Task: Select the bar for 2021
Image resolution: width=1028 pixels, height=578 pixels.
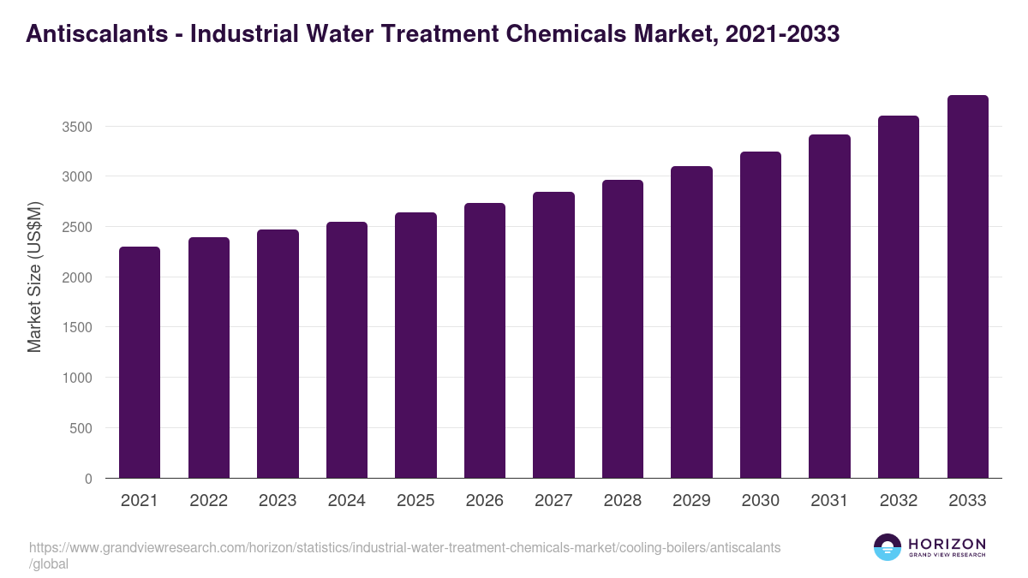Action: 140,362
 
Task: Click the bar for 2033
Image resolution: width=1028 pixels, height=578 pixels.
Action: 967,287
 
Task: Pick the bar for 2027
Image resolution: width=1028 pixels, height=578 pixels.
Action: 553,335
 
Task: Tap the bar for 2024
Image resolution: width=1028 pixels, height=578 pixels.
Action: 347,350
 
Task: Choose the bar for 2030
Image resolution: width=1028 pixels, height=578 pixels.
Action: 761,315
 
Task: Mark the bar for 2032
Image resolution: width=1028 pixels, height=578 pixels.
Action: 899,297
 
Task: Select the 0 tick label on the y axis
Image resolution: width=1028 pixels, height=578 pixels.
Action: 87,479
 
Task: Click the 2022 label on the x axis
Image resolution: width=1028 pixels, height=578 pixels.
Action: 208,501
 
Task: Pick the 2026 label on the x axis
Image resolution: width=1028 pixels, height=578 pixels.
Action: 485,501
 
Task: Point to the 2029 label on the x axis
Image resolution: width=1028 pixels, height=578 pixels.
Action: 691,501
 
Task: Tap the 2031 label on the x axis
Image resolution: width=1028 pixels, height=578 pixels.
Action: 829,501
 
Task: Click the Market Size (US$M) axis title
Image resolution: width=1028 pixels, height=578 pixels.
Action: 34,277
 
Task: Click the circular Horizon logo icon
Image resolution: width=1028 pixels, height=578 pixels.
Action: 888,548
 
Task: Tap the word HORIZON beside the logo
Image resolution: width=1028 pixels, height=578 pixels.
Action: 947,544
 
